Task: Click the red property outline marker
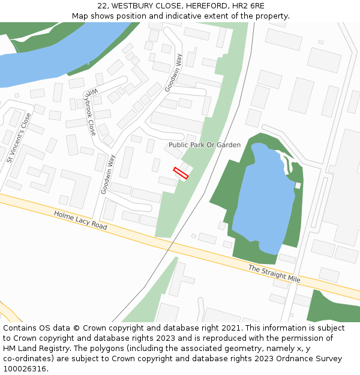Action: point(181,173)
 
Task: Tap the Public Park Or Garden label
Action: point(204,145)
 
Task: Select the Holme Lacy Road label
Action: point(80,220)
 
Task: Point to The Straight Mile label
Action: point(274,274)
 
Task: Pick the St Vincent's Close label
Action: point(19,138)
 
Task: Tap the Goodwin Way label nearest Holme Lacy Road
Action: point(108,174)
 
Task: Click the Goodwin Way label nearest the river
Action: point(173,72)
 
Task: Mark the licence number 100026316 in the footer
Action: point(25,369)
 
